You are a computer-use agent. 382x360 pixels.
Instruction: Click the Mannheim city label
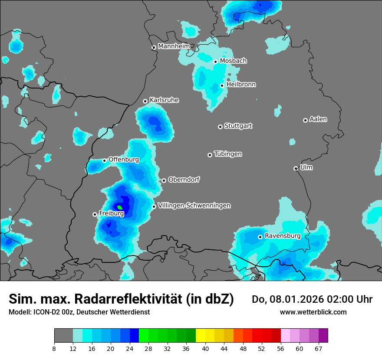tap(174, 46)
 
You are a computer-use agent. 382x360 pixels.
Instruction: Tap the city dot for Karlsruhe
tap(145, 101)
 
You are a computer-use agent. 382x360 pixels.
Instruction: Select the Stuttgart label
tap(238, 126)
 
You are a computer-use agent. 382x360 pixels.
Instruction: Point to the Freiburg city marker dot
tap(95, 214)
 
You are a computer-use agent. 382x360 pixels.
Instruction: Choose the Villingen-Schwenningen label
tap(194, 206)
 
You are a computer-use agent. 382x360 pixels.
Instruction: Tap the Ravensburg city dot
tap(260, 237)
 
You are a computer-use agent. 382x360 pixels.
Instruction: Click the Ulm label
tap(306, 167)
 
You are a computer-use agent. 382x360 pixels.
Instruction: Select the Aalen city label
tap(318, 119)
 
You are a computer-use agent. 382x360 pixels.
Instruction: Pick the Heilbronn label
tap(241, 85)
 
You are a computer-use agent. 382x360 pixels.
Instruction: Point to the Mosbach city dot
tap(215, 62)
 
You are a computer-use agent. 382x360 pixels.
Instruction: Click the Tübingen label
tap(228, 154)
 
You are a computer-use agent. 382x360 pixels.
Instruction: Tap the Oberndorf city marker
tap(164, 180)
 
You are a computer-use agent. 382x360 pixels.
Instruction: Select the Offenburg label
tap(124, 160)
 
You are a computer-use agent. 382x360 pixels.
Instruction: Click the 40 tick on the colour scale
tap(205, 348)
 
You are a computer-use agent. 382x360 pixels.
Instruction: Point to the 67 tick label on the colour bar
tap(319, 348)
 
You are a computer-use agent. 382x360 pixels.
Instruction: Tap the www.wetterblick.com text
tap(313, 312)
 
